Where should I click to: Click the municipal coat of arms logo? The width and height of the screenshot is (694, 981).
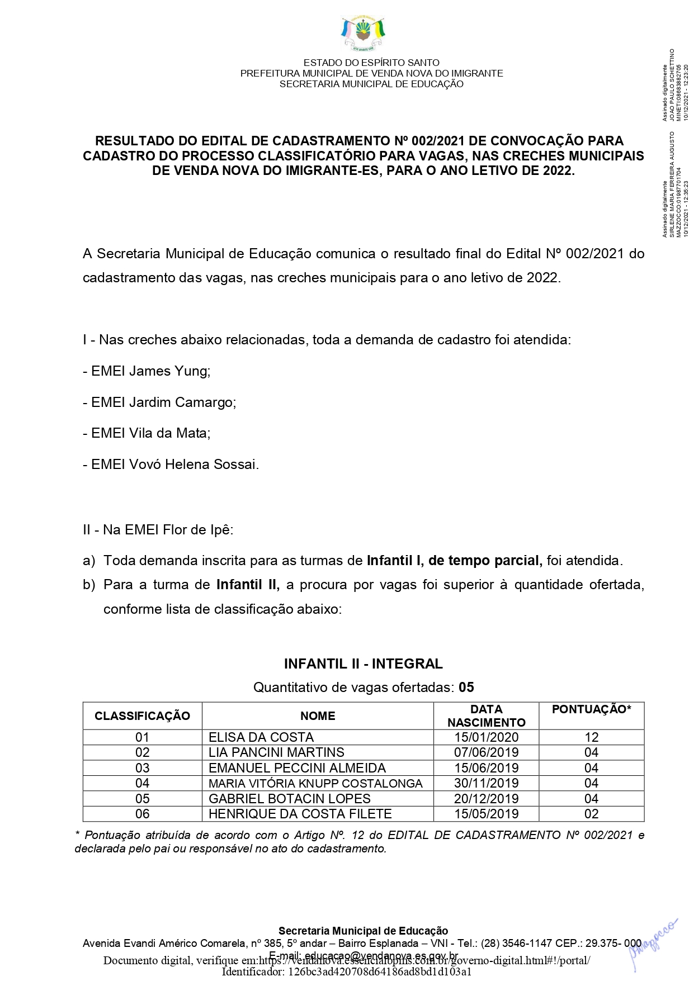[x=363, y=34]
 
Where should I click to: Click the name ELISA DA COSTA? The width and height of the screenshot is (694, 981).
[x=261, y=737]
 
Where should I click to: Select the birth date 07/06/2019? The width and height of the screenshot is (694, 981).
[x=486, y=752]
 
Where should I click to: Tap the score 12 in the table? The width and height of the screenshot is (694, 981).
[x=591, y=737]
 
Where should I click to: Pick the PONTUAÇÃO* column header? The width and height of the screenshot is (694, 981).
[x=591, y=709]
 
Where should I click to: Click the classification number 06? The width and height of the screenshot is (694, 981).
[x=143, y=814]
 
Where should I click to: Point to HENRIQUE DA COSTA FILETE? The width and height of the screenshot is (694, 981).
[x=300, y=814]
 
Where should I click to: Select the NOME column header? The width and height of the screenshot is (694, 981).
[x=318, y=716]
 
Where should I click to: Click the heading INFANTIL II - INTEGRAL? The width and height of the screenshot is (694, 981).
[x=363, y=664]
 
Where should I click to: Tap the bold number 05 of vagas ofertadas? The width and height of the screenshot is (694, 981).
[x=466, y=687]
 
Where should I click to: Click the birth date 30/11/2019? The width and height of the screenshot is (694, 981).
[x=486, y=783]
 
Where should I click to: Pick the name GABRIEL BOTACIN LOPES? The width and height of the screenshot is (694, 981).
[x=289, y=799]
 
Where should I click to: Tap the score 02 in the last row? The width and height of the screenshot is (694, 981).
[x=591, y=814]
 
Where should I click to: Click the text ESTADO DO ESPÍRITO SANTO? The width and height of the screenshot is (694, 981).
[x=371, y=63]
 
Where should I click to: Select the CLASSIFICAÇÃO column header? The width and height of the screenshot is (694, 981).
[x=142, y=716]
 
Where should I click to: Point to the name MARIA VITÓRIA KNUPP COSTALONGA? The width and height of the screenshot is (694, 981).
[x=315, y=783]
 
